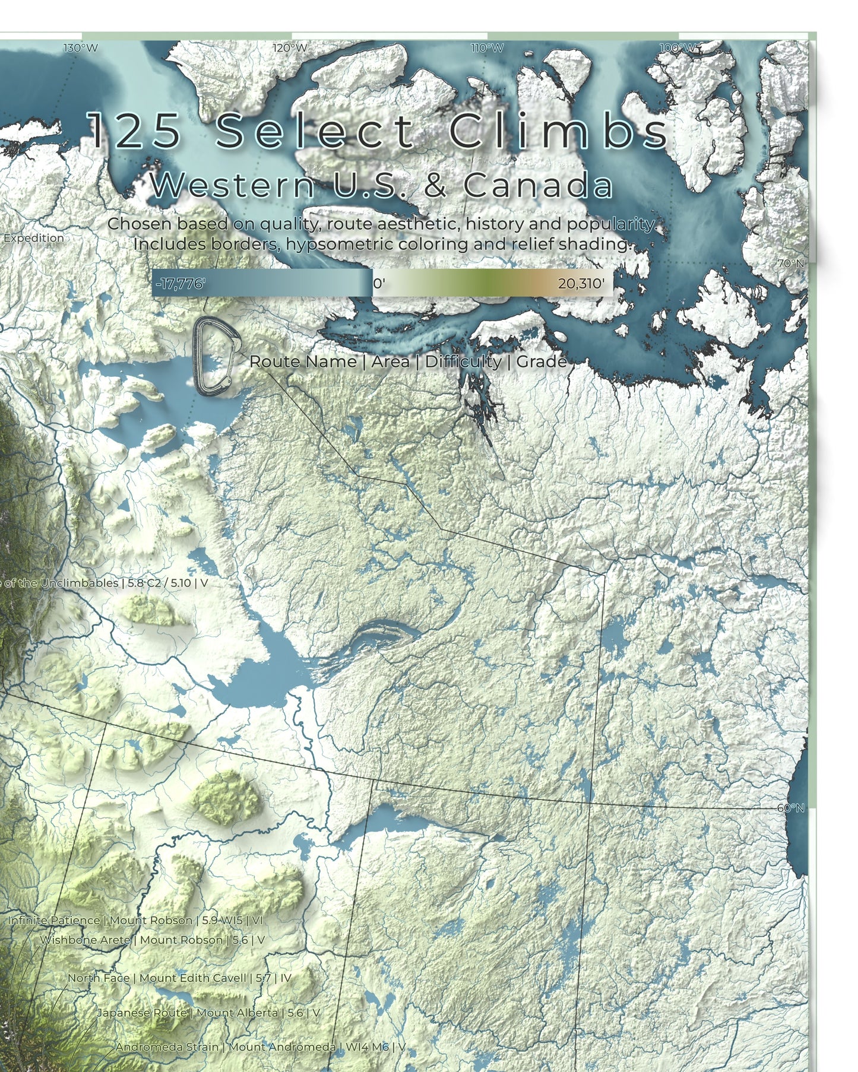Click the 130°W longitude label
81,48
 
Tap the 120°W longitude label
290,48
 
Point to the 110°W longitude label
487,48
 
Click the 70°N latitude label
791,263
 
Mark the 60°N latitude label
790,808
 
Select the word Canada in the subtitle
537,185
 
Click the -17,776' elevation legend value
180,284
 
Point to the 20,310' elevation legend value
581,284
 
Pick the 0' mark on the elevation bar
379,284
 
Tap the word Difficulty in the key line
463,361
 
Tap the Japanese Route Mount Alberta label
208,1013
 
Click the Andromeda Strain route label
260,1046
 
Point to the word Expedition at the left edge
33,238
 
